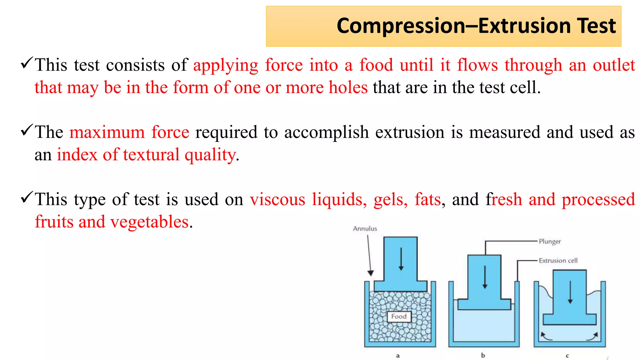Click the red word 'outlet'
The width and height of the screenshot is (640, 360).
[614, 65]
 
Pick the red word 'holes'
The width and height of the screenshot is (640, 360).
[348, 87]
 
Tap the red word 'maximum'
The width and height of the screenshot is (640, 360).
[107, 132]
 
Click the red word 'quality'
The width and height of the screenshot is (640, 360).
[210, 155]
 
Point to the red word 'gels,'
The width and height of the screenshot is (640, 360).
[391, 199]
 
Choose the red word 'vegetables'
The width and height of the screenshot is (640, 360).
[149, 222]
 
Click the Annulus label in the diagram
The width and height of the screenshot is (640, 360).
[365, 229]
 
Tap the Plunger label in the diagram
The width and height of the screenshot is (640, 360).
[550, 242]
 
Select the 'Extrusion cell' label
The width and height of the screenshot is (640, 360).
[558, 261]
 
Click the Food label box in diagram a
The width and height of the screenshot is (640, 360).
[399, 317]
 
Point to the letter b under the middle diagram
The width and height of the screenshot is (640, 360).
[483, 355]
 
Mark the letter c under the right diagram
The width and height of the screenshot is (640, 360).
[567, 356]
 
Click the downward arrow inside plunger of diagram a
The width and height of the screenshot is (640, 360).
[401, 259]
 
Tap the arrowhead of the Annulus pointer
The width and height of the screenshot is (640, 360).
[371, 273]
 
